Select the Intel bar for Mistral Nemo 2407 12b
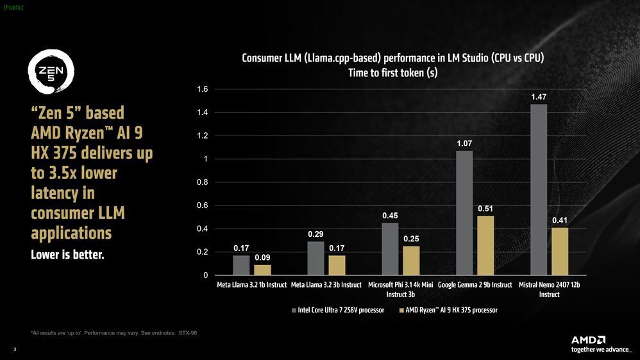click(x=539, y=190)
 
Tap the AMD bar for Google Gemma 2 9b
click(x=485, y=246)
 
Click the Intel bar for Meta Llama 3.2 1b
click(x=241, y=265)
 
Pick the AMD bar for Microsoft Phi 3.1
click(x=411, y=261)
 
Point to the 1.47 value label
click(x=539, y=96)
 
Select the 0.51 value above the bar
click(x=485, y=209)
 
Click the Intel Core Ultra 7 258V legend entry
click(x=338, y=310)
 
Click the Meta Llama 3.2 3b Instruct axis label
click(x=326, y=285)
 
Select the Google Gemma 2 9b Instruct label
click(x=475, y=285)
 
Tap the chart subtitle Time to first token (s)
click(x=392, y=73)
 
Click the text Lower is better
click(x=67, y=255)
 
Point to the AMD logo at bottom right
click(x=589, y=339)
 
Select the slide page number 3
click(x=15, y=349)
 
